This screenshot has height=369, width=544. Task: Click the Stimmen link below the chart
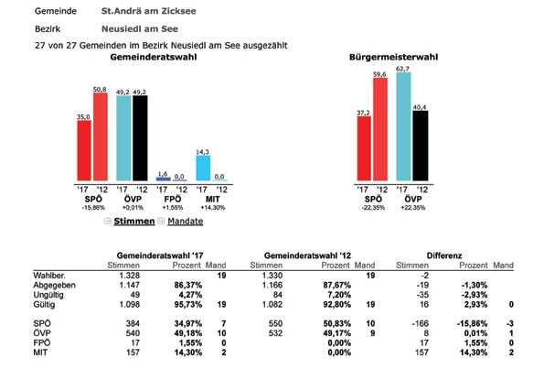coord(133,222)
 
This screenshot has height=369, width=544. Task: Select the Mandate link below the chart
coord(186,222)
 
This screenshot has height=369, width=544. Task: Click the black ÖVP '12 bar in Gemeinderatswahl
coord(140,138)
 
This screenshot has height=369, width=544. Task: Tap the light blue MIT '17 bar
coord(203,168)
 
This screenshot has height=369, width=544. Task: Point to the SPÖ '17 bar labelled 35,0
coord(84,150)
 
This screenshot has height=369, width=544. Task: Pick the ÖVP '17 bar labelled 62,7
coord(403,126)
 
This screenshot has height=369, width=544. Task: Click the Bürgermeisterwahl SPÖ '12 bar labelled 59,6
coord(380,129)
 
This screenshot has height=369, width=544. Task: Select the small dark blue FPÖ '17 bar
coord(164,179)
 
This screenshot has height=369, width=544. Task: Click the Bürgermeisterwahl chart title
coord(393,57)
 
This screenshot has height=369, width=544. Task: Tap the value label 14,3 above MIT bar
coord(203,152)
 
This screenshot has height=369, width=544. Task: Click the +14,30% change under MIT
coord(213,208)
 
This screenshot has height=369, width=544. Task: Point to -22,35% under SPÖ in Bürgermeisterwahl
coord(373,208)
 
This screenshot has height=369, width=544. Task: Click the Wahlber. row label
coord(49,276)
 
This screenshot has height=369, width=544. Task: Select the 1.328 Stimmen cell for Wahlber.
coord(130,276)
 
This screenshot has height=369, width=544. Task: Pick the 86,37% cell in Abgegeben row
coord(188,286)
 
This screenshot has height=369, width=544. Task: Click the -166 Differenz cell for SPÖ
coord(420,323)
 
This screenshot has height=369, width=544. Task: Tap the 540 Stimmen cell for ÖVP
coord(133,333)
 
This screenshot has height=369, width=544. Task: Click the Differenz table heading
coord(444,255)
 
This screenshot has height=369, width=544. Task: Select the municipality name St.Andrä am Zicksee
coord(148,11)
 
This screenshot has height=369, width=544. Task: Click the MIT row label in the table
coord(40,353)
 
